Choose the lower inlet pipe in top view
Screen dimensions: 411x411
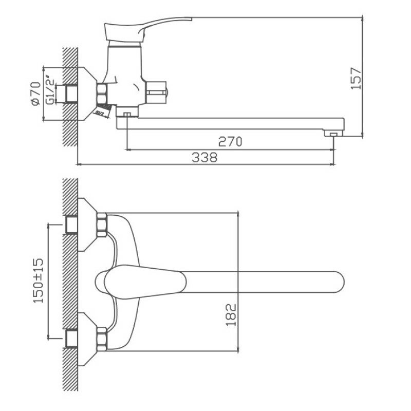(71, 339)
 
